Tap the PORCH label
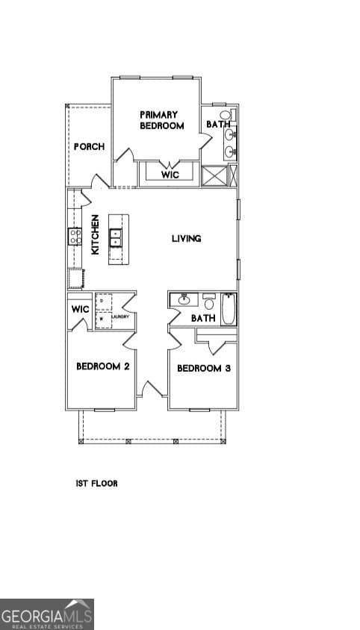pyautogui.click(x=89, y=147)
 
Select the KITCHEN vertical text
pyautogui.click(x=96, y=235)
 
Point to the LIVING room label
pyautogui.click(x=186, y=239)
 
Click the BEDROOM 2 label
pyautogui.click(x=103, y=367)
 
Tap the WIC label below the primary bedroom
pyautogui.click(x=170, y=175)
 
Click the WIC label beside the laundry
pyautogui.click(x=80, y=309)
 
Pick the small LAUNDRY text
pyautogui.click(x=120, y=317)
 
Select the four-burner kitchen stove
pyautogui.click(x=75, y=237)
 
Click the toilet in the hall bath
pyautogui.click(x=209, y=302)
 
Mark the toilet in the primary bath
pyautogui.click(x=226, y=116)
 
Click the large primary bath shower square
pyautogui.click(x=214, y=176)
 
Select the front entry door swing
pyautogui.click(x=152, y=389)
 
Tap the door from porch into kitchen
pyautogui.click(x=99, y=181)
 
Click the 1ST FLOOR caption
pyautogui.click(x=96, y=484)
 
